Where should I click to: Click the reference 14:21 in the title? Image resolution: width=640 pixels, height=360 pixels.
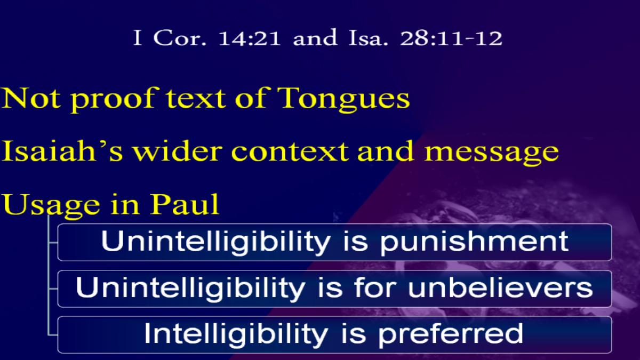[x=249, y=38]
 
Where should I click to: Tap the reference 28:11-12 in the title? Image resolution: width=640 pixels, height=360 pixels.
[x=451, y=38]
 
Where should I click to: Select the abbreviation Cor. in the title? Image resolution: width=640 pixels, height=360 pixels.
[x=180, y=38]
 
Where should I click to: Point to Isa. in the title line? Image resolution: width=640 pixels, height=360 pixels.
[x=369, y=38]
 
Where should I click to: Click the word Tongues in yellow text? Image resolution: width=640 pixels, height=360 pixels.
[x=343, y=99]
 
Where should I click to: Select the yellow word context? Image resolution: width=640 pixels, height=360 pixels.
[x=290, y=151]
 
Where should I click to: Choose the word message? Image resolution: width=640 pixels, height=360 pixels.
[x=491, y=153]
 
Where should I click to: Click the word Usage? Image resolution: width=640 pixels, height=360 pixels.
[x=51, y=205]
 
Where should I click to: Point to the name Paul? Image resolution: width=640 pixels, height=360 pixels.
[x=185, y=204]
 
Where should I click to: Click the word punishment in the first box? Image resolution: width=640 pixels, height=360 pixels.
[x=474, y=242]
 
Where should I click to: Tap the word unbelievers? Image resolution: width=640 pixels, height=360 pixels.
[x=501, y=287]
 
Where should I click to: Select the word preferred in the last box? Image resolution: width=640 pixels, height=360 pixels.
[x=451, y=334]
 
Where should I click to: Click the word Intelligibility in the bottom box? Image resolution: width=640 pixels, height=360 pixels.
[x=236, y=334]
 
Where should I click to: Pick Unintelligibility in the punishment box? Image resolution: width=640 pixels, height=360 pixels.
[x=216, y=242]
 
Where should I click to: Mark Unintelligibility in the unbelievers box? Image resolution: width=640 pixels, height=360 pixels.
[x=190, y=288]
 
